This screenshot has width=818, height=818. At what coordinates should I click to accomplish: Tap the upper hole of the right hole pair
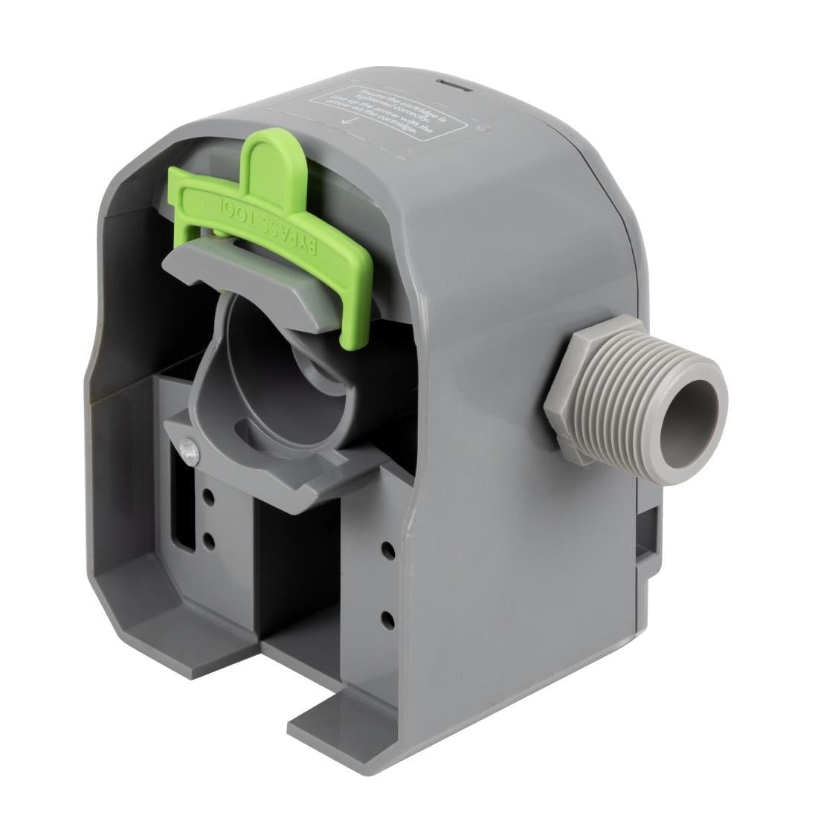387,550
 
